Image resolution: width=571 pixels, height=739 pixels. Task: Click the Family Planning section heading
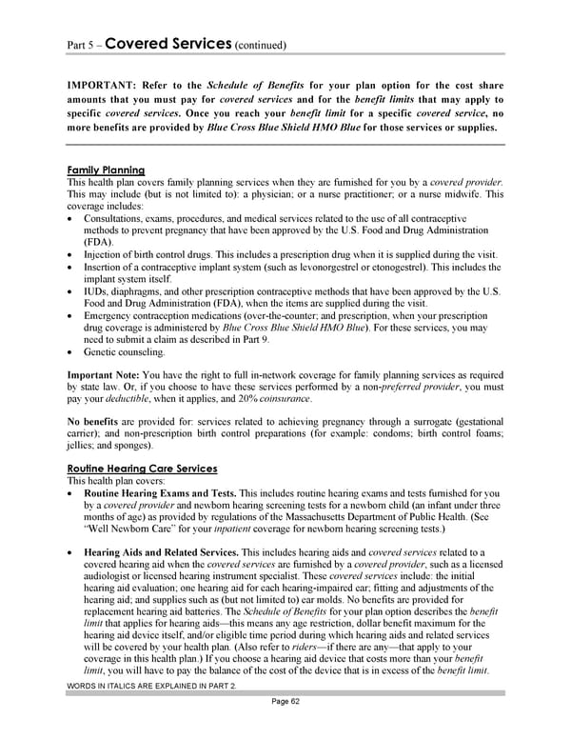pyautogui.click(x=106, y=170)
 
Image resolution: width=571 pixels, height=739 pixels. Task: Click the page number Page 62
pyautogui.click(x=285, y=729)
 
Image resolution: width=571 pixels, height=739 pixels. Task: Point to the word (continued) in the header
pyautogui.click(x=259, y=45)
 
